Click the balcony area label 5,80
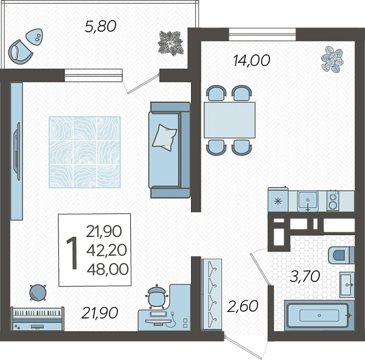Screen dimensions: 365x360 click(100, 26)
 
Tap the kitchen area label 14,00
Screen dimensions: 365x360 click(251, 60)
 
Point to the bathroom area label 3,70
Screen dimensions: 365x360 click(305, 277)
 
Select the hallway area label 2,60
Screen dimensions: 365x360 click(243, 306)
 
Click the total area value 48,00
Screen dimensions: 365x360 click(108, 269)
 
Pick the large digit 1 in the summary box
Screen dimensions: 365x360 click(72, 253)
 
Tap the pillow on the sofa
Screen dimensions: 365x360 click(165, 137)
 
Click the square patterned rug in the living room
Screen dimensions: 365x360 click(85, 152)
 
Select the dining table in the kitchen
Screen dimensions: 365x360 click(229, 120)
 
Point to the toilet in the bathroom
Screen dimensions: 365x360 click(341, 255)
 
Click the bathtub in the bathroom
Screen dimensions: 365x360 click(319, 316)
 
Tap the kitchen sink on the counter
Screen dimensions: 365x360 click(308, 201)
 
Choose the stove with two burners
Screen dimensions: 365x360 click(333, 201)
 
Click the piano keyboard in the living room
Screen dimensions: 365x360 click(38, 319)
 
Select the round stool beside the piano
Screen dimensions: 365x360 click(38, 292)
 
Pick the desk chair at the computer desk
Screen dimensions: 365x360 click(157, 297)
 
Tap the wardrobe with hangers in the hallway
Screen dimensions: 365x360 click(211, 294)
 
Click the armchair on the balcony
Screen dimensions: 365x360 click(20, 52)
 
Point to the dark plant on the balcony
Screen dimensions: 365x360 click(170, 43)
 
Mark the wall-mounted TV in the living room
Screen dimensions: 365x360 click(17, 151)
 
